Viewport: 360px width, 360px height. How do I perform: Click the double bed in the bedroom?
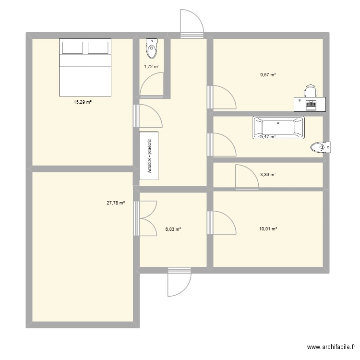(85, 68)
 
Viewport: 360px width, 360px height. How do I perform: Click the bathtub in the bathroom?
(279, 128)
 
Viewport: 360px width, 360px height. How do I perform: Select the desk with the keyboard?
(310, 104)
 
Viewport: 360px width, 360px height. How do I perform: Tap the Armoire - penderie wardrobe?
(149, 156)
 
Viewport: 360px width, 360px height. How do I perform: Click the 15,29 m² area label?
(83, 102)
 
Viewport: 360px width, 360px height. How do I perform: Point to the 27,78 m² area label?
(116, 203)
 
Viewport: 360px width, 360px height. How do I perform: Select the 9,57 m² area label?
(268, 75)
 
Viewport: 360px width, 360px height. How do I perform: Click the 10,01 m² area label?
(268, 229)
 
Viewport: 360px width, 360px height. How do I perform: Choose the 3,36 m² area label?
(268, 175)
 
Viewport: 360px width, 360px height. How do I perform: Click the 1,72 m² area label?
(152, 67)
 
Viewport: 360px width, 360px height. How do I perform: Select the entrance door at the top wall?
(192, 24)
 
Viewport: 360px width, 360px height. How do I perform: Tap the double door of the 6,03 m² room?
(146, 218)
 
